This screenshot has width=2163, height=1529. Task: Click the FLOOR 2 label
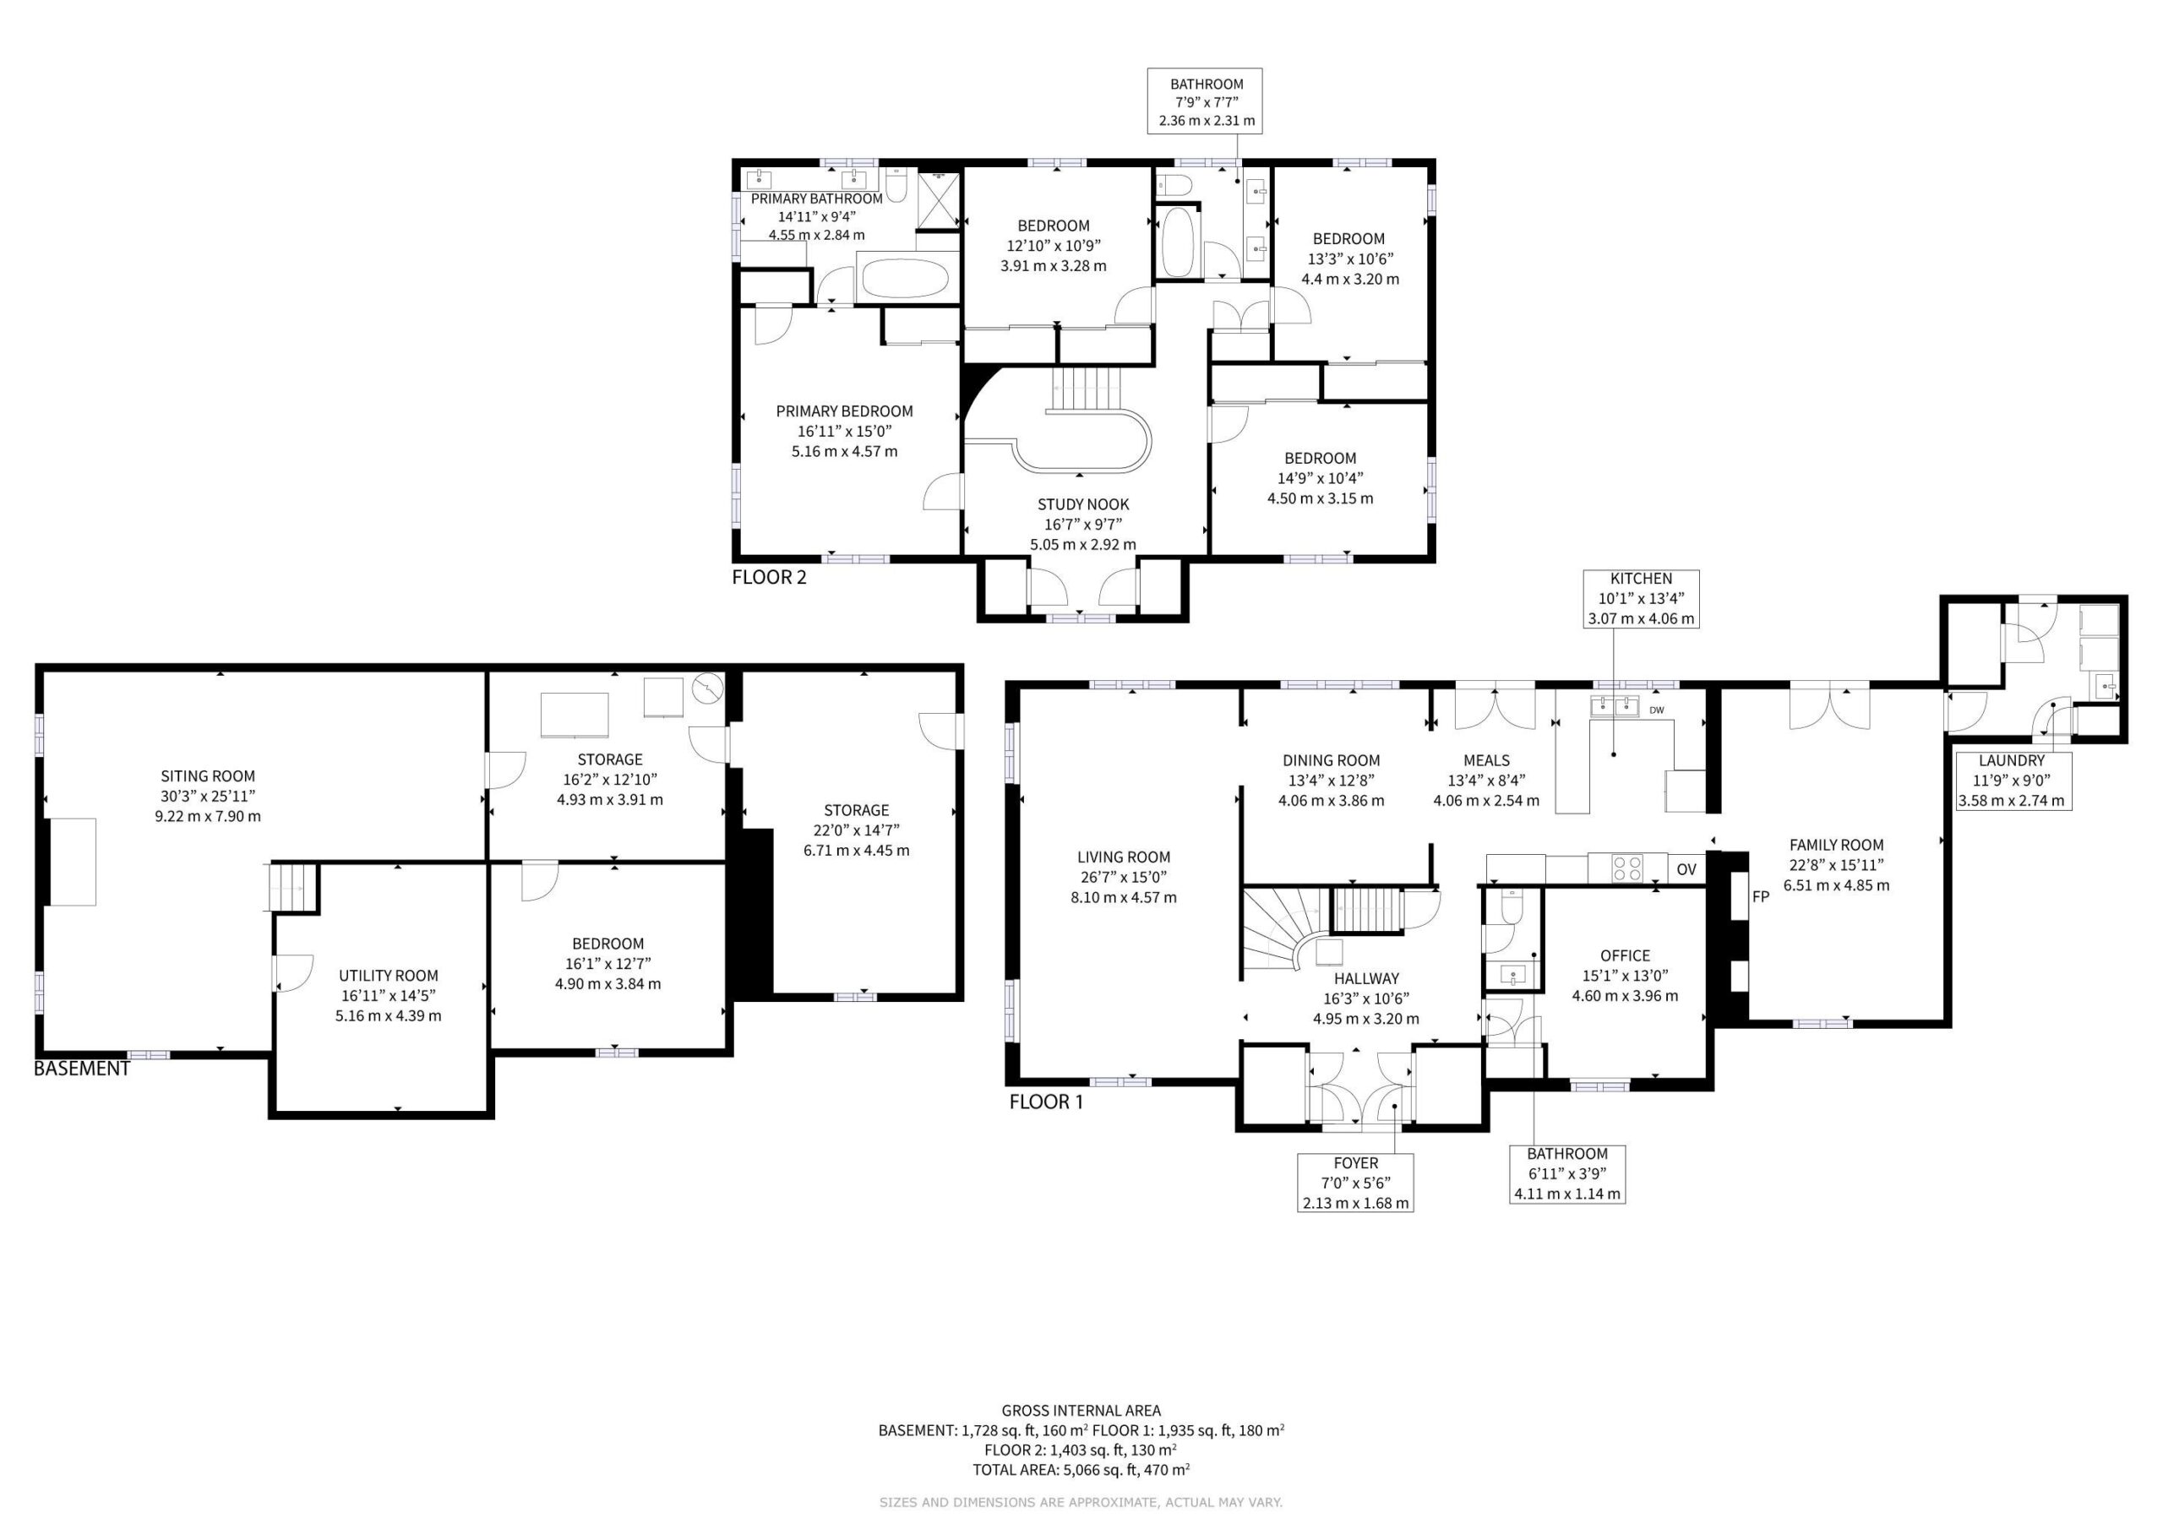[769, 578]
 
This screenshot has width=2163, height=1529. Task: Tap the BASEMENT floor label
[81, 1069]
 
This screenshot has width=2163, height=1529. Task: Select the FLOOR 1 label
[1046, 1102]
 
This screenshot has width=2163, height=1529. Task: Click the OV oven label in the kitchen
[1686, 869]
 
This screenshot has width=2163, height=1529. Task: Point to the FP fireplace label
[1760, 897]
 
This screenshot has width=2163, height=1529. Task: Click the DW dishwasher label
[1656, 710]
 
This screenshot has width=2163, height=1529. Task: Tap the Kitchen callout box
[1641, 598]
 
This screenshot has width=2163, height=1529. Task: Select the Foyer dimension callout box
[1355, 1183]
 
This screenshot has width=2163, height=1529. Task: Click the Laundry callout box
[2011, 780]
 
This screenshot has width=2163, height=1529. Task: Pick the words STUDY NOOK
[1083, 504]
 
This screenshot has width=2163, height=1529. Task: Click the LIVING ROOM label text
[1124, 857]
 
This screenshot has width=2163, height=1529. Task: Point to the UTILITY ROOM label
[388, 976]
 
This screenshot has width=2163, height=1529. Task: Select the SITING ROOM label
[207, 776]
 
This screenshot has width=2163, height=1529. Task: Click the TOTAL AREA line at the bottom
[1081, 1470]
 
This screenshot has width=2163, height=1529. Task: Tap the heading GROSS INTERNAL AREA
[1081, 1410]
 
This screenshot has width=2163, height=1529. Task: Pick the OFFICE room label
[1625, 955]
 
